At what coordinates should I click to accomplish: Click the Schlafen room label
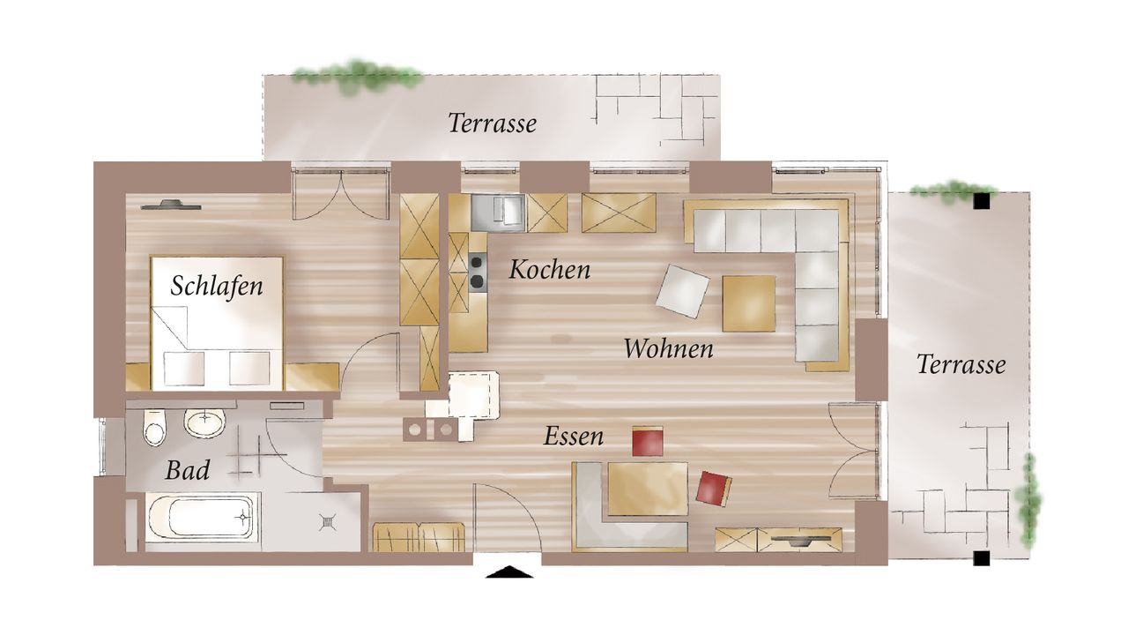[217, 286]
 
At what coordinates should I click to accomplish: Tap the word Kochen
[549, 270]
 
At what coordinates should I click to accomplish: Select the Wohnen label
[668, 348]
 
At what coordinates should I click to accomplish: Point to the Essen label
[574, 436]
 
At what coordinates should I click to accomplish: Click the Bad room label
[188, 471]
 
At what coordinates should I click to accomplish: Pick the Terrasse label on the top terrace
[492, 123]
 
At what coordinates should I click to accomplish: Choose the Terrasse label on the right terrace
[961, 364]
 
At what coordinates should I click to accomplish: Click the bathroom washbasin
[205, 423]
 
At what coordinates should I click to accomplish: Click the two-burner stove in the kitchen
[477, 271]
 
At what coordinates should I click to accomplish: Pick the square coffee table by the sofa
[749, 303]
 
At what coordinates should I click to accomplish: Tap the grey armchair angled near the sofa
[682, 291]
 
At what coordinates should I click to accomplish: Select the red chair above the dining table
[647, 441]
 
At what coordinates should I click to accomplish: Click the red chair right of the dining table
[713, 488]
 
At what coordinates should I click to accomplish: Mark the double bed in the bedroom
[217, 324]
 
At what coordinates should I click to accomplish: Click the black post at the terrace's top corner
[982, 202]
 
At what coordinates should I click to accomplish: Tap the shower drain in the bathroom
[328, 521]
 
